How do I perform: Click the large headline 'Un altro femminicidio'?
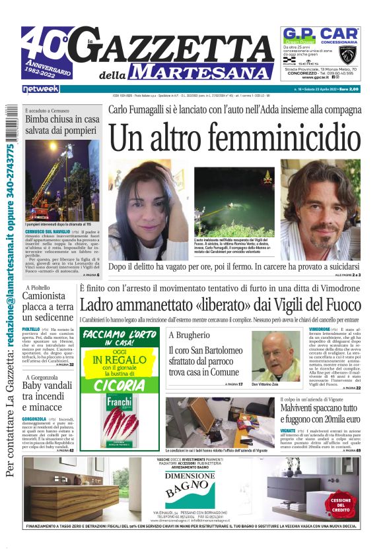pyautogui.click(x=235, y=138)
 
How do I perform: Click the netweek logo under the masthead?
pyautogui.click(x=40, y=88)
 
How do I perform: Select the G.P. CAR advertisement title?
pyautogui.click(x=321, y=34)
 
